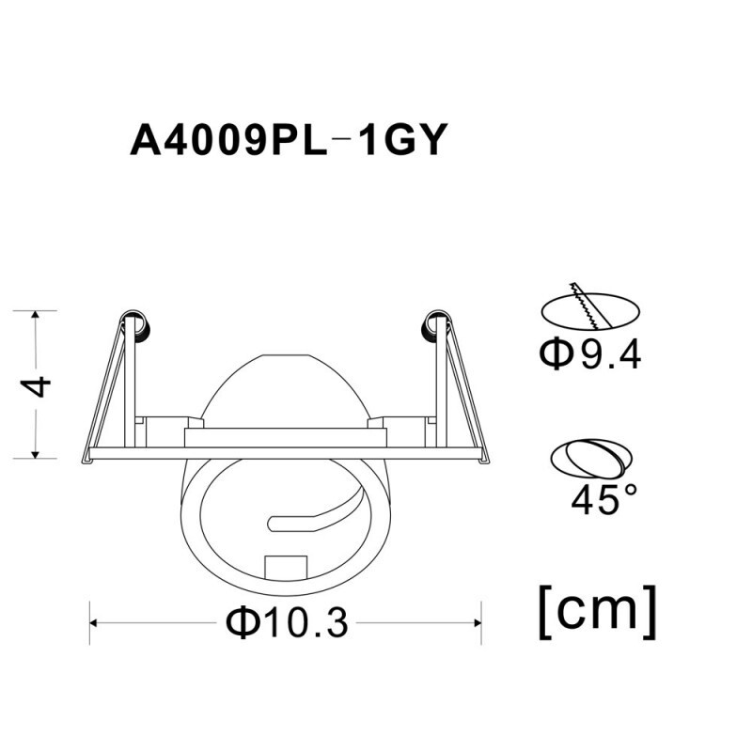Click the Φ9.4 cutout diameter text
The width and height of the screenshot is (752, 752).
[590, 354]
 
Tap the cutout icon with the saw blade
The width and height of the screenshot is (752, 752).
[590, 308]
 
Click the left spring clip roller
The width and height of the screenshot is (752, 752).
[138, 324]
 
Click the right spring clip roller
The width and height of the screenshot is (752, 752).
[433, 324]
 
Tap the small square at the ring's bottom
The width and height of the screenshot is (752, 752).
[286, 567]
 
